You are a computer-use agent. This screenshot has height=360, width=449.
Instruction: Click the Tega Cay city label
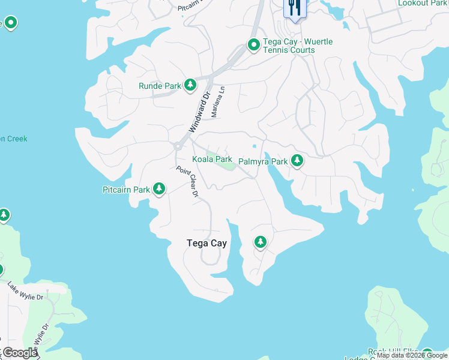click(x=206, y=243)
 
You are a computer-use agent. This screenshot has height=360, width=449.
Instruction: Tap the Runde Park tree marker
click(x=190, y=85)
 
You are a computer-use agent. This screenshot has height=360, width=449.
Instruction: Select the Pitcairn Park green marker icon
click(x=159, y=190)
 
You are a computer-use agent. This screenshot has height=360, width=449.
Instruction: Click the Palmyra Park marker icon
click(x=297, y=161)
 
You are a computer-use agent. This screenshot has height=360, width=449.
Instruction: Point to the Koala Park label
click(x=212, y=159)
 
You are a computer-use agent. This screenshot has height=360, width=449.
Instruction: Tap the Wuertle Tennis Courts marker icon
click(x=254, y=45)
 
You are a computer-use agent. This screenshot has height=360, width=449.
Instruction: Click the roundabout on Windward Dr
click(x=178, y=146)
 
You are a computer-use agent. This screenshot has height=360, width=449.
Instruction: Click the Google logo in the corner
click(x=19, y=353)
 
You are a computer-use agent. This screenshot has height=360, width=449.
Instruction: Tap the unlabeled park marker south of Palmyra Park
click(x=260, y=242)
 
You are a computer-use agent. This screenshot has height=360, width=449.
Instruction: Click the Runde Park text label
click(x=160, y=86)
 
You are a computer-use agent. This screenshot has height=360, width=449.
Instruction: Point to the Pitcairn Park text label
click(x=125, y=190)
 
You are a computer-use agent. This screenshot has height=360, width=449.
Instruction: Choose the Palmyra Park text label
click(x=263, y=161)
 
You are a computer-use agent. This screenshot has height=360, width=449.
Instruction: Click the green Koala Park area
click(x=227, y=166)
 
